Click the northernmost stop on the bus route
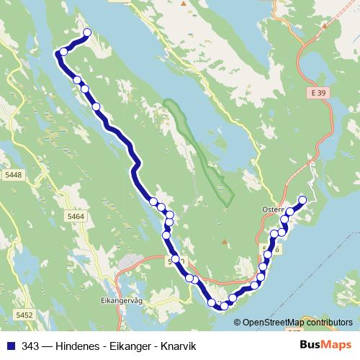point(88,32)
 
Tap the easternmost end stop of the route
point(302,200)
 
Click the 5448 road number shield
point(13,174)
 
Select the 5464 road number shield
point(75,216)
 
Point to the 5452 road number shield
point(24,315)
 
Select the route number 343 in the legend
point(30,345)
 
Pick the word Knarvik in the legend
point(177,345)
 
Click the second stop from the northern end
point(63,52)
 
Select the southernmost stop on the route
point(224,306)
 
